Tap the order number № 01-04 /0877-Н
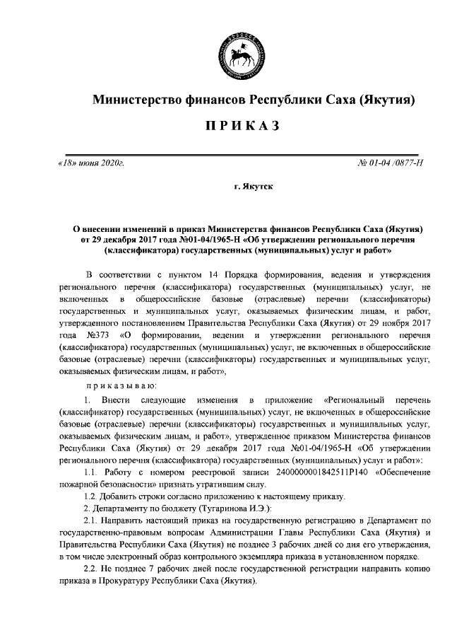point(391,164)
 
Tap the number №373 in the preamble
point(96,334)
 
